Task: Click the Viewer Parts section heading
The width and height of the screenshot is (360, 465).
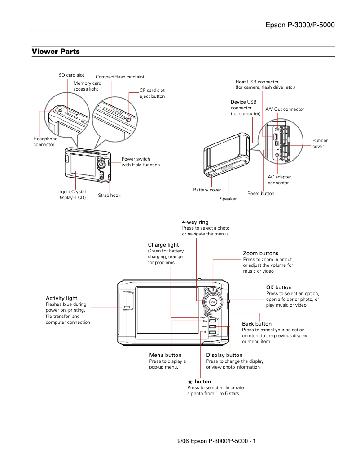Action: point(56,52)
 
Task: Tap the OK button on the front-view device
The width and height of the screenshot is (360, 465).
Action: point(213,302)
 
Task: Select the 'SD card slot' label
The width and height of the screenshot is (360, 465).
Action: point(71,75)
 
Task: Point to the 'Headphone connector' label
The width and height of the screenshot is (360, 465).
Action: point(45,142)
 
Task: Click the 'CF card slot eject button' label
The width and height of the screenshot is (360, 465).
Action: point(152,93)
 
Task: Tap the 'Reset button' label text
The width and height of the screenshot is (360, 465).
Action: point(261,194)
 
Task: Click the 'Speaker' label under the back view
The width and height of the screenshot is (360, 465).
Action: point(228,199)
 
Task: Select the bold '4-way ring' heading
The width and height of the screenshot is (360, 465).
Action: point(195,222)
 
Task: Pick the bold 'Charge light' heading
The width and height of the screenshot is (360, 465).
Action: point(163,245)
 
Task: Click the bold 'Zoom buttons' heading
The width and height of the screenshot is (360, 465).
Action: point(260,253)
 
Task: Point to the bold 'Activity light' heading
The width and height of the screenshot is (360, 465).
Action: point(61,298)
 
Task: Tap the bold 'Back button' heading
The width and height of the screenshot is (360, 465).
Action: point(257,324)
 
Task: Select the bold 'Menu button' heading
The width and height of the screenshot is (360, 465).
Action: point(165,355)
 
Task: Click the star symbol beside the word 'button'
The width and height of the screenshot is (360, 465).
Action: point(190,382)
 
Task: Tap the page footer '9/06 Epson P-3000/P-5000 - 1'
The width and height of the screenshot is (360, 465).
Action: point(216,441)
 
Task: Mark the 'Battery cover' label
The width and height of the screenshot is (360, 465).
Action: point(207,190)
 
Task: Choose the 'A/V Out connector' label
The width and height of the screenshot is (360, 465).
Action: point(285,109)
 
